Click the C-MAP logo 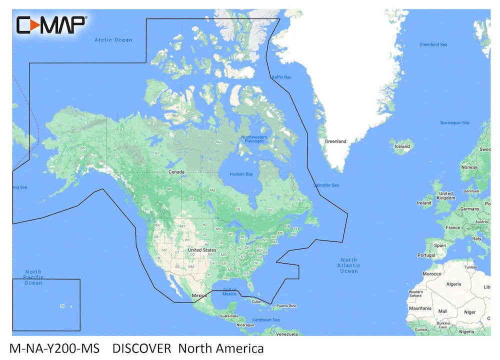(x=51, y=24)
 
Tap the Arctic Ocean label (x=113, y=40)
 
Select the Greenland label (x=335, y=141)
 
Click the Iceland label (x=402, y=146)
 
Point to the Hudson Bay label (x=241, y=174)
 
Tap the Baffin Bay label (x=281, y=77)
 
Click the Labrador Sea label (x=326, y=185)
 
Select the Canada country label (x=176, y=172)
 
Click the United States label (x=202, y=250)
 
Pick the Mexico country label (x=199, y=295)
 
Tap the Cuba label (x=256, y=301)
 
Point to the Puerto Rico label (x=286, y=306)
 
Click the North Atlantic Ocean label (x=349, y=265)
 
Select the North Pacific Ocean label (x=33, y=277)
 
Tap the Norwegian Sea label (x=454, y=122)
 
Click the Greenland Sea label (x=433, y=44)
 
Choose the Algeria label (x=453, y=284)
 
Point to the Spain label (x=440, y=245)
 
